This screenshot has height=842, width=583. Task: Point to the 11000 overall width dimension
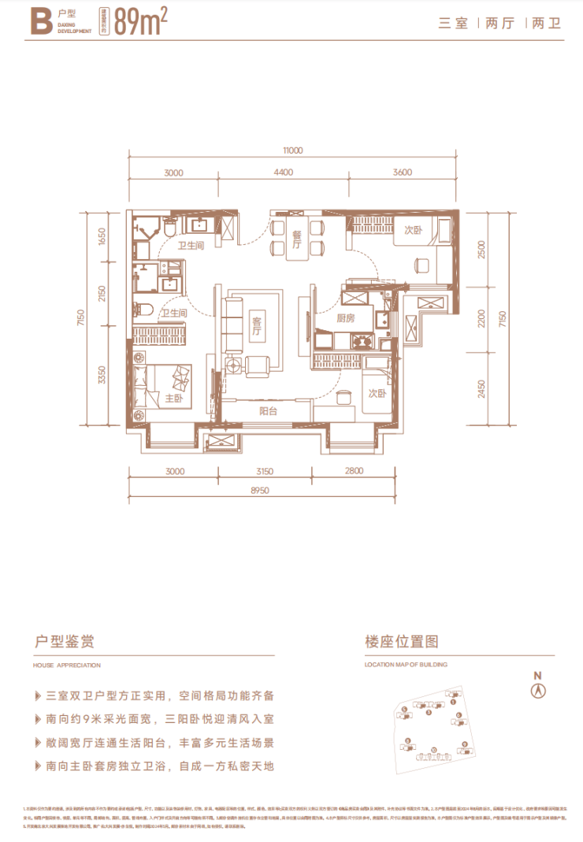click(291, 150)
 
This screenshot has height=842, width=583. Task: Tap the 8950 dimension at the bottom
click(260, 489)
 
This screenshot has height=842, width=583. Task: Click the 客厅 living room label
click(256, 326)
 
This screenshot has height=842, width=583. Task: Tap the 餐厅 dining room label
click(297, 239)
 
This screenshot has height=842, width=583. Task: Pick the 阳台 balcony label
click(268, 410)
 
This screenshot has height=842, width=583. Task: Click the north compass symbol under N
click(538, 691)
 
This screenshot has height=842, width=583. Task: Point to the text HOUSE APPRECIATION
click(69, 665)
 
